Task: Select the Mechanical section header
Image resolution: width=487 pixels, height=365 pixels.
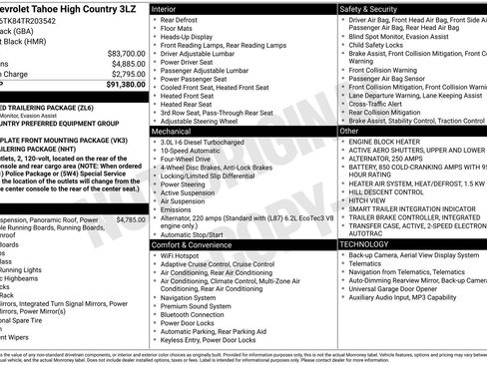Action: (x=174, y=131)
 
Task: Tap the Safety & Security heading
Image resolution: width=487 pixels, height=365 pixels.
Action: (x=366, y=7)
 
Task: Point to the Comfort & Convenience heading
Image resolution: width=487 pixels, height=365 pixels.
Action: (x=192, y=244)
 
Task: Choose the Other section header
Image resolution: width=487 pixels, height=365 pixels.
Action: (x=349, y=131)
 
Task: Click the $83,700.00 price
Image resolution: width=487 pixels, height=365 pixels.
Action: (x=126, y=52)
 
